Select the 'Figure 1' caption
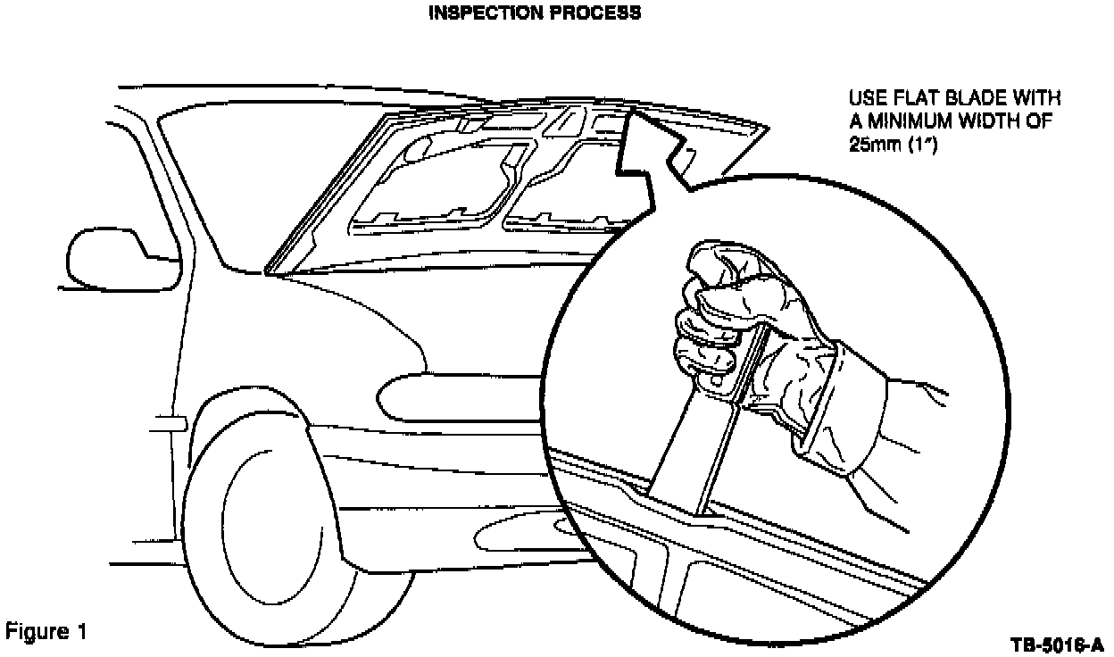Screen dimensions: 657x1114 coord(46,633)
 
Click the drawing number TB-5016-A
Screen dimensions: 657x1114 coord(1058,645)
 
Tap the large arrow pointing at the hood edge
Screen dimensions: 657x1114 coord(652,147)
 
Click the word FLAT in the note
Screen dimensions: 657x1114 coord(914,97)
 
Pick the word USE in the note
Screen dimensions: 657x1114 coord(865,97)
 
